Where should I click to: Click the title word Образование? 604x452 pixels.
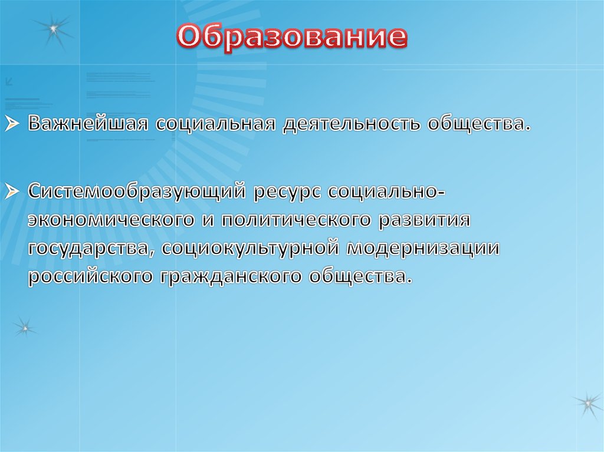tap(293, 37)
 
